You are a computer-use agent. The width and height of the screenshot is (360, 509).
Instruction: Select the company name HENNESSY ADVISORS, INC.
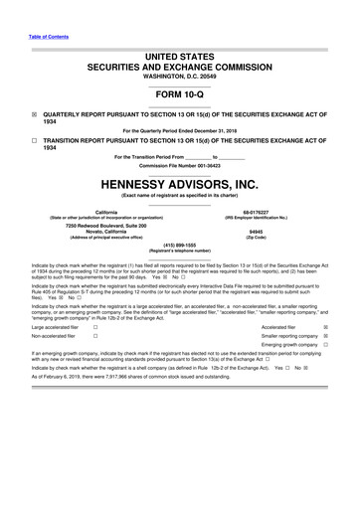(179, 185)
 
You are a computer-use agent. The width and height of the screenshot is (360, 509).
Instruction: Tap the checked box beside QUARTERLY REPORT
(35, 113)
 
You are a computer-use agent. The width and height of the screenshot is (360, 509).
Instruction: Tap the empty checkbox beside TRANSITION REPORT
(35, 141)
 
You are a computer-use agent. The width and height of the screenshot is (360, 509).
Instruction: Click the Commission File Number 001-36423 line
(179, 166)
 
